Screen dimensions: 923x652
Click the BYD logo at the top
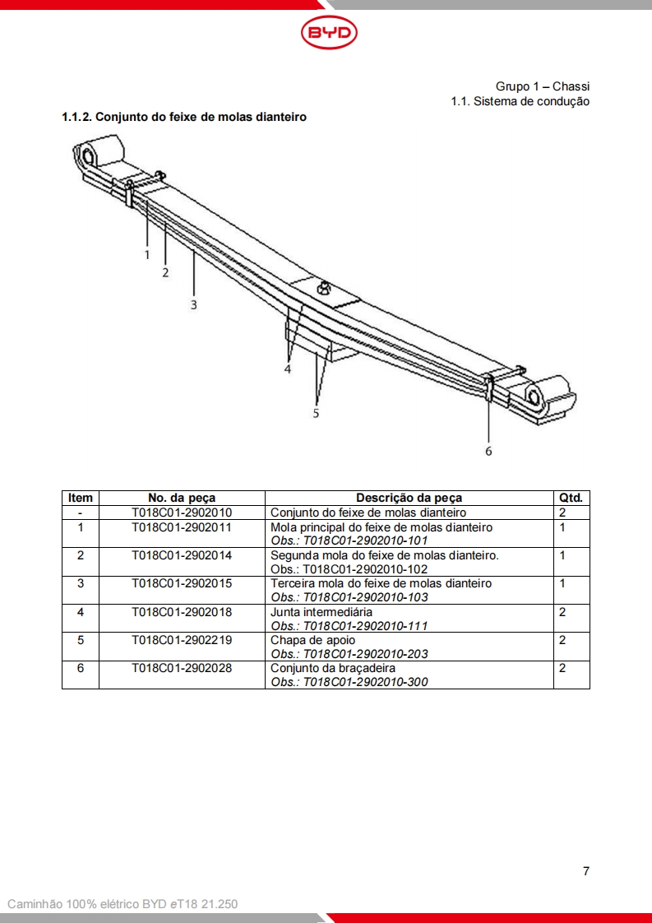[329, 33]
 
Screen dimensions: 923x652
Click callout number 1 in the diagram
[147, 255]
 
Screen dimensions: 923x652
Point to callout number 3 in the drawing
[194, 304]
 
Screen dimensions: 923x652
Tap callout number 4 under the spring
[288, 369]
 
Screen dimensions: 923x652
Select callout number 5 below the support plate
[316, 413]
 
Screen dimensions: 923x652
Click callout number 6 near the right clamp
[488, 451]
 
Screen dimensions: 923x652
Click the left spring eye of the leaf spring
[87, 155]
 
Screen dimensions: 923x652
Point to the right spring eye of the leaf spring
[536, 397]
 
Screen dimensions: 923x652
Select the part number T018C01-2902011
[182, 526]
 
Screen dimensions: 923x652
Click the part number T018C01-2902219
[182, 640]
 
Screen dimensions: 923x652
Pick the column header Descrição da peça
[409, 498]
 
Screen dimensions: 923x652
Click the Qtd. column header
[571, 498]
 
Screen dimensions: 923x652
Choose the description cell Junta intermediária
[321, 612]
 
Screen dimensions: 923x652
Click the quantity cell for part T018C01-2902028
[562, 668]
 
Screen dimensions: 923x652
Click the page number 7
[585, 871]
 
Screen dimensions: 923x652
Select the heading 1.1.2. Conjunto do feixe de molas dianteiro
[184, 117]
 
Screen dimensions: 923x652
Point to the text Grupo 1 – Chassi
[542, 86]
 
